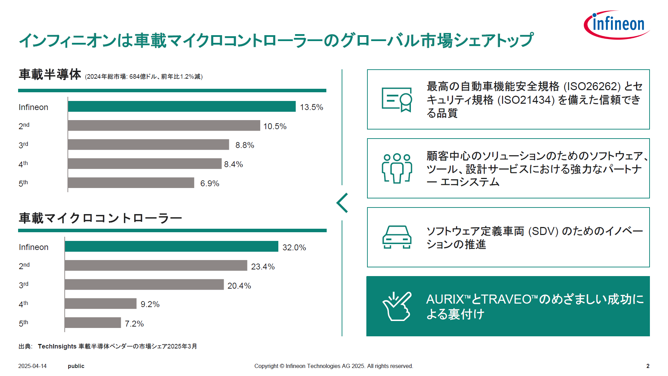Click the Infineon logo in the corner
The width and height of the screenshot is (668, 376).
pos(617,25)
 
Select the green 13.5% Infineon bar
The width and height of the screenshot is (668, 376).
pos(182,107)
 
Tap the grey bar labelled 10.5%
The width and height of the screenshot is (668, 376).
pos(164,126)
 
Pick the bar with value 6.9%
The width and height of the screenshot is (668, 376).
pos(131,183)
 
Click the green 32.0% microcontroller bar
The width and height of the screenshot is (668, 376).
pos(172,246)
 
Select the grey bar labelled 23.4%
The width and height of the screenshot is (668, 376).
pos(156,266)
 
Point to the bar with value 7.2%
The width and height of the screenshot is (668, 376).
pos(93,323)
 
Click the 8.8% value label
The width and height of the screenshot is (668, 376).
pos(245,145)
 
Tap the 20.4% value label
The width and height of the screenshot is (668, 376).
pos(239,286)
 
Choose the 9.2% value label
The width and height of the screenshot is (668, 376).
pos(150,304)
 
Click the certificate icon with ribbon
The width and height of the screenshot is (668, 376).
pos(397,100)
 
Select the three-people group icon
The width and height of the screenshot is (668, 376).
pos(397,169)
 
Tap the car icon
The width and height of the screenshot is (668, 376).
pos(397,237)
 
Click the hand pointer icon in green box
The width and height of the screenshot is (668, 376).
pos(397,306)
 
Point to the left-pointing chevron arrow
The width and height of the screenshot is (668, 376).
pos(342,203)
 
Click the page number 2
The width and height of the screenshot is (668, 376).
pos(648,366)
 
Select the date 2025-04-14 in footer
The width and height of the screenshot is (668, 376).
pos(32,366)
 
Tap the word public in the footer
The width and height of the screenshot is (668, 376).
pos(76,366)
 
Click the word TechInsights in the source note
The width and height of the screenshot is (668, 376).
pos(57,346)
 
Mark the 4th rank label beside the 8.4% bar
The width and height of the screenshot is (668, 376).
pos(23,164)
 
